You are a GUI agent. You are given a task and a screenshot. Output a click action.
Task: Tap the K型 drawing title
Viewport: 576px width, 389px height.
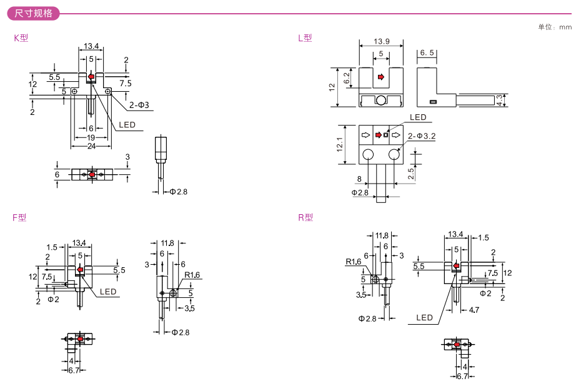coord(21,38)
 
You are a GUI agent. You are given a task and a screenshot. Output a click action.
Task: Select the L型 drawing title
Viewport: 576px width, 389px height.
coord(305,38)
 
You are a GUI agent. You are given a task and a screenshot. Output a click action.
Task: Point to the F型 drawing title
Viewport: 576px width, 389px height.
coord(20,218)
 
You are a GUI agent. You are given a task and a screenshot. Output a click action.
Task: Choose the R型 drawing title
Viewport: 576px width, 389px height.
coord(305,218)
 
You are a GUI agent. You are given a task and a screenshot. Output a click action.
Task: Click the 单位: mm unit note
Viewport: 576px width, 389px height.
coord(554,27)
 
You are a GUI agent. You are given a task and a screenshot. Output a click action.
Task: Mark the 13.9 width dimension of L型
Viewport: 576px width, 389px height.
coord(382,42)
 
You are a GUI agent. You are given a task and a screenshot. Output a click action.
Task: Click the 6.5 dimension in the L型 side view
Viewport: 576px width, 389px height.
coord(427,53)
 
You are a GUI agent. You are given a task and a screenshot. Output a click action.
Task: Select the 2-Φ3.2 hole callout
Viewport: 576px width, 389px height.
coord(422,135)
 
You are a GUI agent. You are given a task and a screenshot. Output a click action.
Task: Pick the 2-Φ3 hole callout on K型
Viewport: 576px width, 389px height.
coord(139,105)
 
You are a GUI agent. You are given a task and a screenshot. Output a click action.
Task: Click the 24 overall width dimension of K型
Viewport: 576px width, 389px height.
coord(91,145)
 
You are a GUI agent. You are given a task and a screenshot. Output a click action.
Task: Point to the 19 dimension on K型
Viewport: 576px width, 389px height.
coord(91,137)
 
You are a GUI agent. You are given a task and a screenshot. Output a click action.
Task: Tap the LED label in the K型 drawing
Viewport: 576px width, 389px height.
coord(127,125)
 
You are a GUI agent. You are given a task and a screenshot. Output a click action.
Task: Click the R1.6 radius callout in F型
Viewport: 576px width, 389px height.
coord(192,275)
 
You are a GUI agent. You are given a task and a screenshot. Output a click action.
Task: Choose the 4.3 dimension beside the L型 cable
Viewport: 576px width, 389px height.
coord(499,99)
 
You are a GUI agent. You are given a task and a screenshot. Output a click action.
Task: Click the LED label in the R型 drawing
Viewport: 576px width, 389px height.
coord(424,318)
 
